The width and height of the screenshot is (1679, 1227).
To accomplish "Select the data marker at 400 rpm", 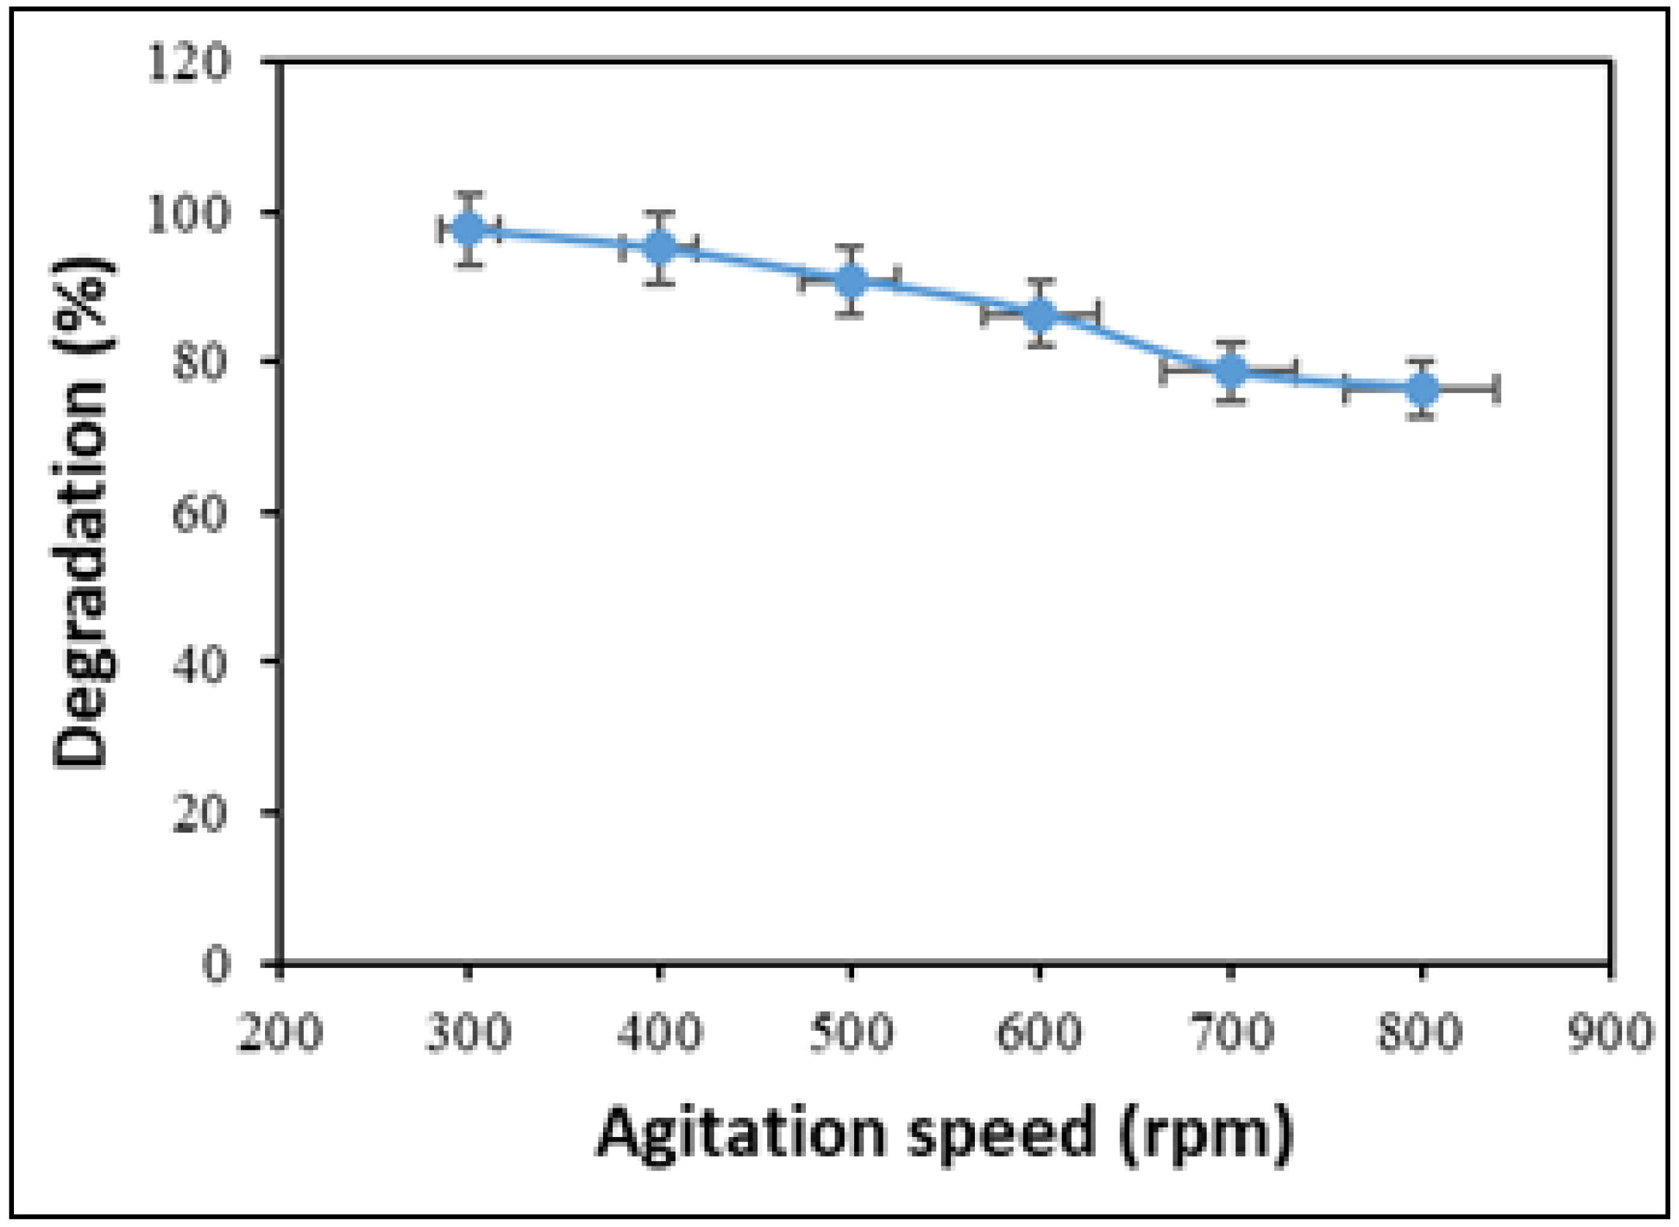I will [x=659, y=247].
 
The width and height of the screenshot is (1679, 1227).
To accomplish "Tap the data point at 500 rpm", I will [x=851, y=280].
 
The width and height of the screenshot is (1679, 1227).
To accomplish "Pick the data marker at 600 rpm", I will [x=1040, y=314].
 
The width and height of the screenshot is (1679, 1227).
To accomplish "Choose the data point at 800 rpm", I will [x=1422, y=389].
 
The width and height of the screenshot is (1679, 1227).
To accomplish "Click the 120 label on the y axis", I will [x=190, y=65].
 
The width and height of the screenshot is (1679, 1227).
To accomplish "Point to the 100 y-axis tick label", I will [x=190, y=215].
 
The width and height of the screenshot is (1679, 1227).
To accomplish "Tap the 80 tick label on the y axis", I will [x=199, y=364].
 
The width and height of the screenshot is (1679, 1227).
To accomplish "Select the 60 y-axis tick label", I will [x=199, y=514].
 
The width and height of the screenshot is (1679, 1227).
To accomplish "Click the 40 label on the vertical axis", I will [x=199, y=663].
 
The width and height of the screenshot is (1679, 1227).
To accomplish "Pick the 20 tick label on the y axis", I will [x=199, y=813].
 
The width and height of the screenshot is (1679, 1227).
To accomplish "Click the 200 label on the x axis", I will [x=279, y=1032].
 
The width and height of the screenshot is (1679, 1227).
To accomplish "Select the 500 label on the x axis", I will [x=851, y=1032].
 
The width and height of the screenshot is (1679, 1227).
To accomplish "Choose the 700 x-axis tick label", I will [x=1231, y=1032].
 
